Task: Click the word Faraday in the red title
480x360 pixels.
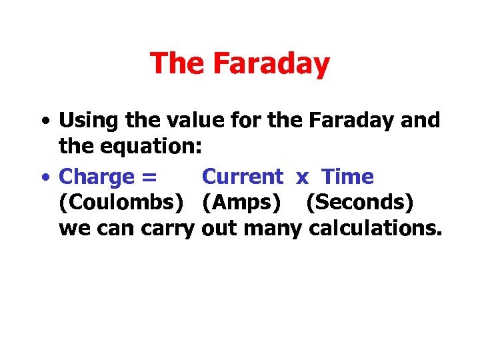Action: pos(271,64)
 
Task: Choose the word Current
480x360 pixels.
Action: pos(242,177)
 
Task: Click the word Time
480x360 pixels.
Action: pos(347,177)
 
